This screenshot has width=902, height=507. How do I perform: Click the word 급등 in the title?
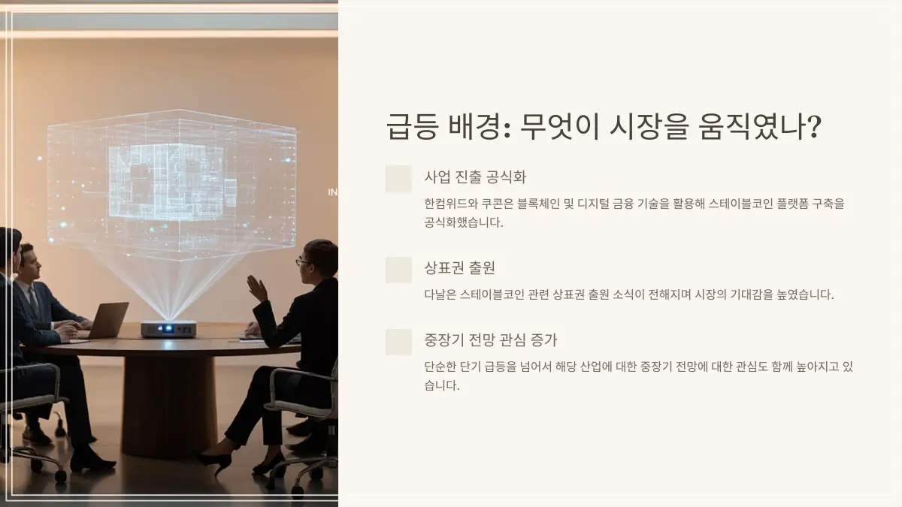tap(412, 126)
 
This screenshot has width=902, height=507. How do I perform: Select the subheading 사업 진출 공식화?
tap(475, 177)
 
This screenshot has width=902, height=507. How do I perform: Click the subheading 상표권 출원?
tap(459, 268)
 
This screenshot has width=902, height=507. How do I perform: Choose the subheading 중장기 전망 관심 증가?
tap(490, 340)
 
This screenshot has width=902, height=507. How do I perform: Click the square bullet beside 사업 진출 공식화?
tap(398, 179)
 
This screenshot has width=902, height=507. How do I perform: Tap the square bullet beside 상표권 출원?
tap(398, 270)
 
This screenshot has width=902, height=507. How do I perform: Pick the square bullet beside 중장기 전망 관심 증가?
tap(398, 342)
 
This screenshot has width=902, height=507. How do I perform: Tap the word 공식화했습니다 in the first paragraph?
tap(462, 222)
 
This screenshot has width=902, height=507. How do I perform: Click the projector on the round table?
tap(168, 329)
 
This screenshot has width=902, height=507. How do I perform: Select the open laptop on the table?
tap(105, 321)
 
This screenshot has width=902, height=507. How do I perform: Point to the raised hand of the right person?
tap(257, 288)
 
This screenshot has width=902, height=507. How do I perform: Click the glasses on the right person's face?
tap(303, 262)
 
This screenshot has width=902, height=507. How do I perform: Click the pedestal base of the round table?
tap(168, 406)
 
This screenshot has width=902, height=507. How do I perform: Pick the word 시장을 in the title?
tap(648, 126)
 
